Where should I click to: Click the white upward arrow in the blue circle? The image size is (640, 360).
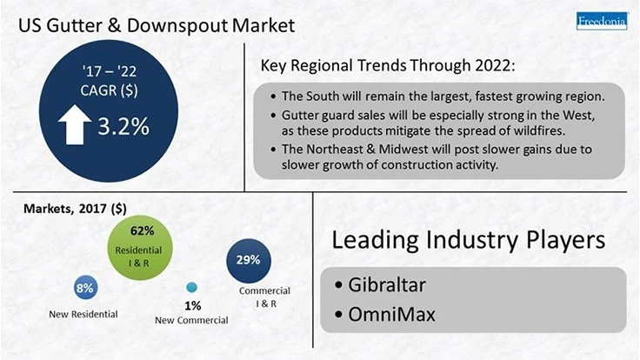tap(75, 126)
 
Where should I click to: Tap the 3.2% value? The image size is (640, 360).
tap(123, 126)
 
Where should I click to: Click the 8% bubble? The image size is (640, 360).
tap(85, 288)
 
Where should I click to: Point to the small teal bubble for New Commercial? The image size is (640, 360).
tap(192, 288)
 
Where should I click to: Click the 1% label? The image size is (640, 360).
tap(192, 305)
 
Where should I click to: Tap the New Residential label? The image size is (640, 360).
tap(83, 314)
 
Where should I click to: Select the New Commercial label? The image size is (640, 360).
tap(191, 320)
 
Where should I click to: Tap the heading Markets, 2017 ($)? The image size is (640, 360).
tap(75, 210)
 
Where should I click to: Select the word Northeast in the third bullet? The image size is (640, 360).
tap(345, 150)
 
